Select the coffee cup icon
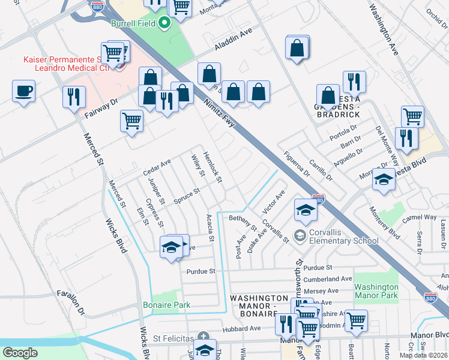23,91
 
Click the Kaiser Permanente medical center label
66,63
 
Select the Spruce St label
187,194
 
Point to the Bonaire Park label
166,305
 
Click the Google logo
20,353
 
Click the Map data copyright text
423,355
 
